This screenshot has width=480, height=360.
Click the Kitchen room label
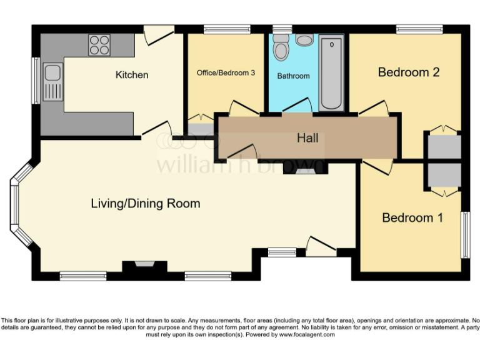pyautogui.click(x=132, y=75)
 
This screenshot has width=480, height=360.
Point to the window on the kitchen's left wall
pyautogui.click(x=36, y=81)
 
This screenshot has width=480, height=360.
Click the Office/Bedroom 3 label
pyautogui.click(x=226, y=72)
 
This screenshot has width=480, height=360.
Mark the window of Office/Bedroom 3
pyautogui.click(x=227, y=29)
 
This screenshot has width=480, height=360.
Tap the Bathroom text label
pyautogui.click(x=293, y=76)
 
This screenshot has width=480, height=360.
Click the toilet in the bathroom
pyautogui.click(x=281, y=47)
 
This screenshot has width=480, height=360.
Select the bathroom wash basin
pyautogui.click(x=305, y=40)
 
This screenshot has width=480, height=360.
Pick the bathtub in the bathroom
pyautogui.click(x=331, y=74)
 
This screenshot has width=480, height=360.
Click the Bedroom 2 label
pyautogui.click(x=409, y=72)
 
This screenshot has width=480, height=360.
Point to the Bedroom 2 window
pyautogui.click(x=419, y=29)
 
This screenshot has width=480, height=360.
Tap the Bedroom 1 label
pyautogui.click(x=412, y=217)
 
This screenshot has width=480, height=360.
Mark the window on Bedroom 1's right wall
pyautogui.click(x=465, y=234)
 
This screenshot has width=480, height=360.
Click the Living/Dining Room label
pyautogui.click(x=146, y=203)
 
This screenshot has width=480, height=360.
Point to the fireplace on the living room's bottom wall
pyautogui.click(x=144, y=266)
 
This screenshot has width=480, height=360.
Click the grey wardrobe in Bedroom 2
pyautogui.click(x=444, y=145)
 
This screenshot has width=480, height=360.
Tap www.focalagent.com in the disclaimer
pyautogui.click(x=307, y=334)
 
